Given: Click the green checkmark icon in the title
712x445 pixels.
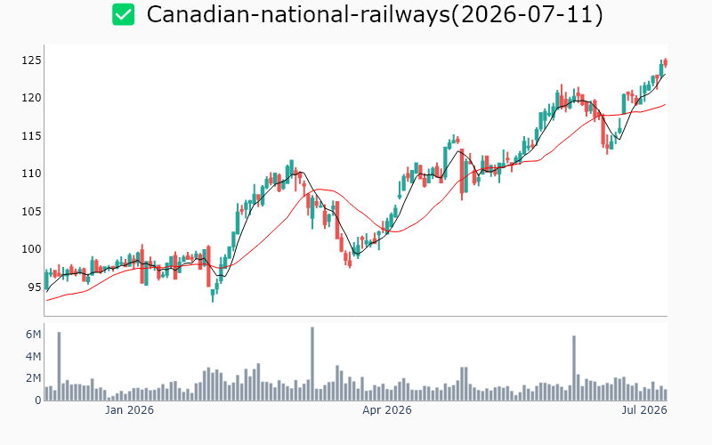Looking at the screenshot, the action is (x=124, y=14).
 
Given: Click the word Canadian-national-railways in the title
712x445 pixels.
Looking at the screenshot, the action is (x=298, y=14).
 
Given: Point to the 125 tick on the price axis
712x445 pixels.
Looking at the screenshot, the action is (x=31, y=61).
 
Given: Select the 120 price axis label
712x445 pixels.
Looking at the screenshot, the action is (x=31, y=98).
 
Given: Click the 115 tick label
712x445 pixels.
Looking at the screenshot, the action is (x=31, y=136).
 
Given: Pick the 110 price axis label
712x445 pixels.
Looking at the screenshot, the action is (x=31, y=174).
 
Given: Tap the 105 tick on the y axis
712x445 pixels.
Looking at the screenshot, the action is (x=31, y=211).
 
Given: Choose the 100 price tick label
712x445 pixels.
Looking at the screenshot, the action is (x=31, y=249).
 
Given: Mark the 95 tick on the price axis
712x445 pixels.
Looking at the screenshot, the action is (x=35, y=287).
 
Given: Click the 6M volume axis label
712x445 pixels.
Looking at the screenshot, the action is (x=33, y=335).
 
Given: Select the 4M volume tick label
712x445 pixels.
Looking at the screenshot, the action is (x=33, y=357).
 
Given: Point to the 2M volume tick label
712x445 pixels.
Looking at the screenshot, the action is (x=33, y=378).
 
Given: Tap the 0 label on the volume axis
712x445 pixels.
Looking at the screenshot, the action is (x=38, y=400).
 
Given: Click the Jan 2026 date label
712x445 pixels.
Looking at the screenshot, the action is (x=129, y=410).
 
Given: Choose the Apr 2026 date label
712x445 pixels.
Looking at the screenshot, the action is (x=387, y=410).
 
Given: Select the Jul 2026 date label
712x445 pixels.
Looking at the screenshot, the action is (x=644, y=410).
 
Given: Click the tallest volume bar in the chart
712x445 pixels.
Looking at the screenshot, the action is (x=312, y=363).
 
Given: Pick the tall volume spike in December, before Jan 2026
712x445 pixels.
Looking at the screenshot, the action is (x=59, y=366).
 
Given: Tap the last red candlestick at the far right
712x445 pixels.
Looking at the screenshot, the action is (x=666, y=62).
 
